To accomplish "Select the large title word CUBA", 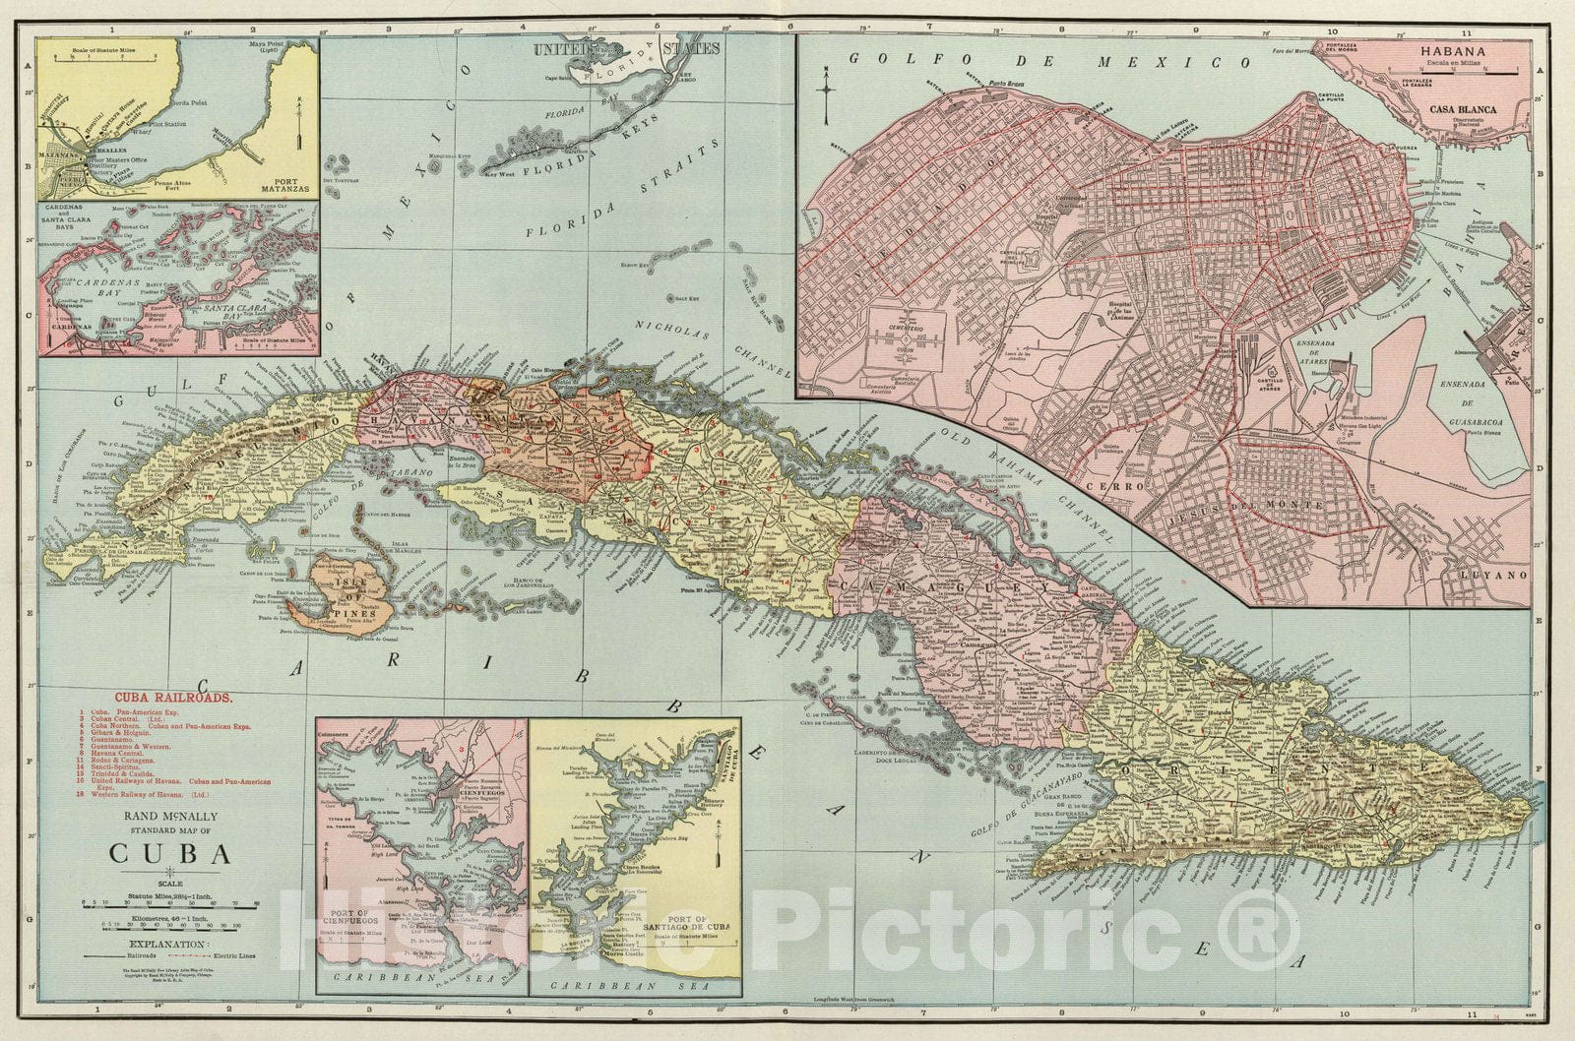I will coord(170,853).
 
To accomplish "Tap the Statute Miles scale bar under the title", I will coord(170,902).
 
